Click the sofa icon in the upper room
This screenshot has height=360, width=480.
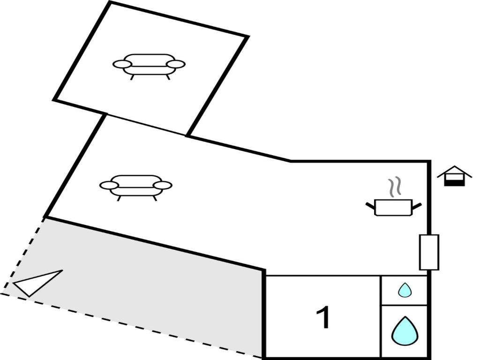click(x=149, y=66)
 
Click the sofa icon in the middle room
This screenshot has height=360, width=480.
click(x=136, y=187)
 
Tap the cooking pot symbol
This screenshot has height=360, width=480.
click(x=394, y=207)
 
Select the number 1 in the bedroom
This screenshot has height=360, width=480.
click(x=323, y=318)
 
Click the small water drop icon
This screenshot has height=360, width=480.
click(x=405, y=290)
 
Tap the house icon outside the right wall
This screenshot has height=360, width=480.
click(x=454, y=176)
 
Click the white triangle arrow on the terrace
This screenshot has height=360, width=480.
click(x=37, y=283)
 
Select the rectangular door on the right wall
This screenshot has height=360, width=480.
click(x=429, y=252)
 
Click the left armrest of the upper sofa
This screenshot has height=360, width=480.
click(x=122, y=64)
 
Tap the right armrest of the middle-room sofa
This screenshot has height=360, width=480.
click(x=163, y=186)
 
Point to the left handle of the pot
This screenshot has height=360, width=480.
click(x=370, y=205)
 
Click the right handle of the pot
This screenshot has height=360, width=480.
click(x=417, y=205)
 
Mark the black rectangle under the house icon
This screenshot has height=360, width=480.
click(x=454, y=183)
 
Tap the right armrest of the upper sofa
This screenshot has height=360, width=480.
click(x=176, y=64)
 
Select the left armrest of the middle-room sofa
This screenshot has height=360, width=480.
click(x=109, y=186)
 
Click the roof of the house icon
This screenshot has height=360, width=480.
click(x=454, y=171)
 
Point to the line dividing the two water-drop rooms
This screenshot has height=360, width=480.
click(x=404, y=305)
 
